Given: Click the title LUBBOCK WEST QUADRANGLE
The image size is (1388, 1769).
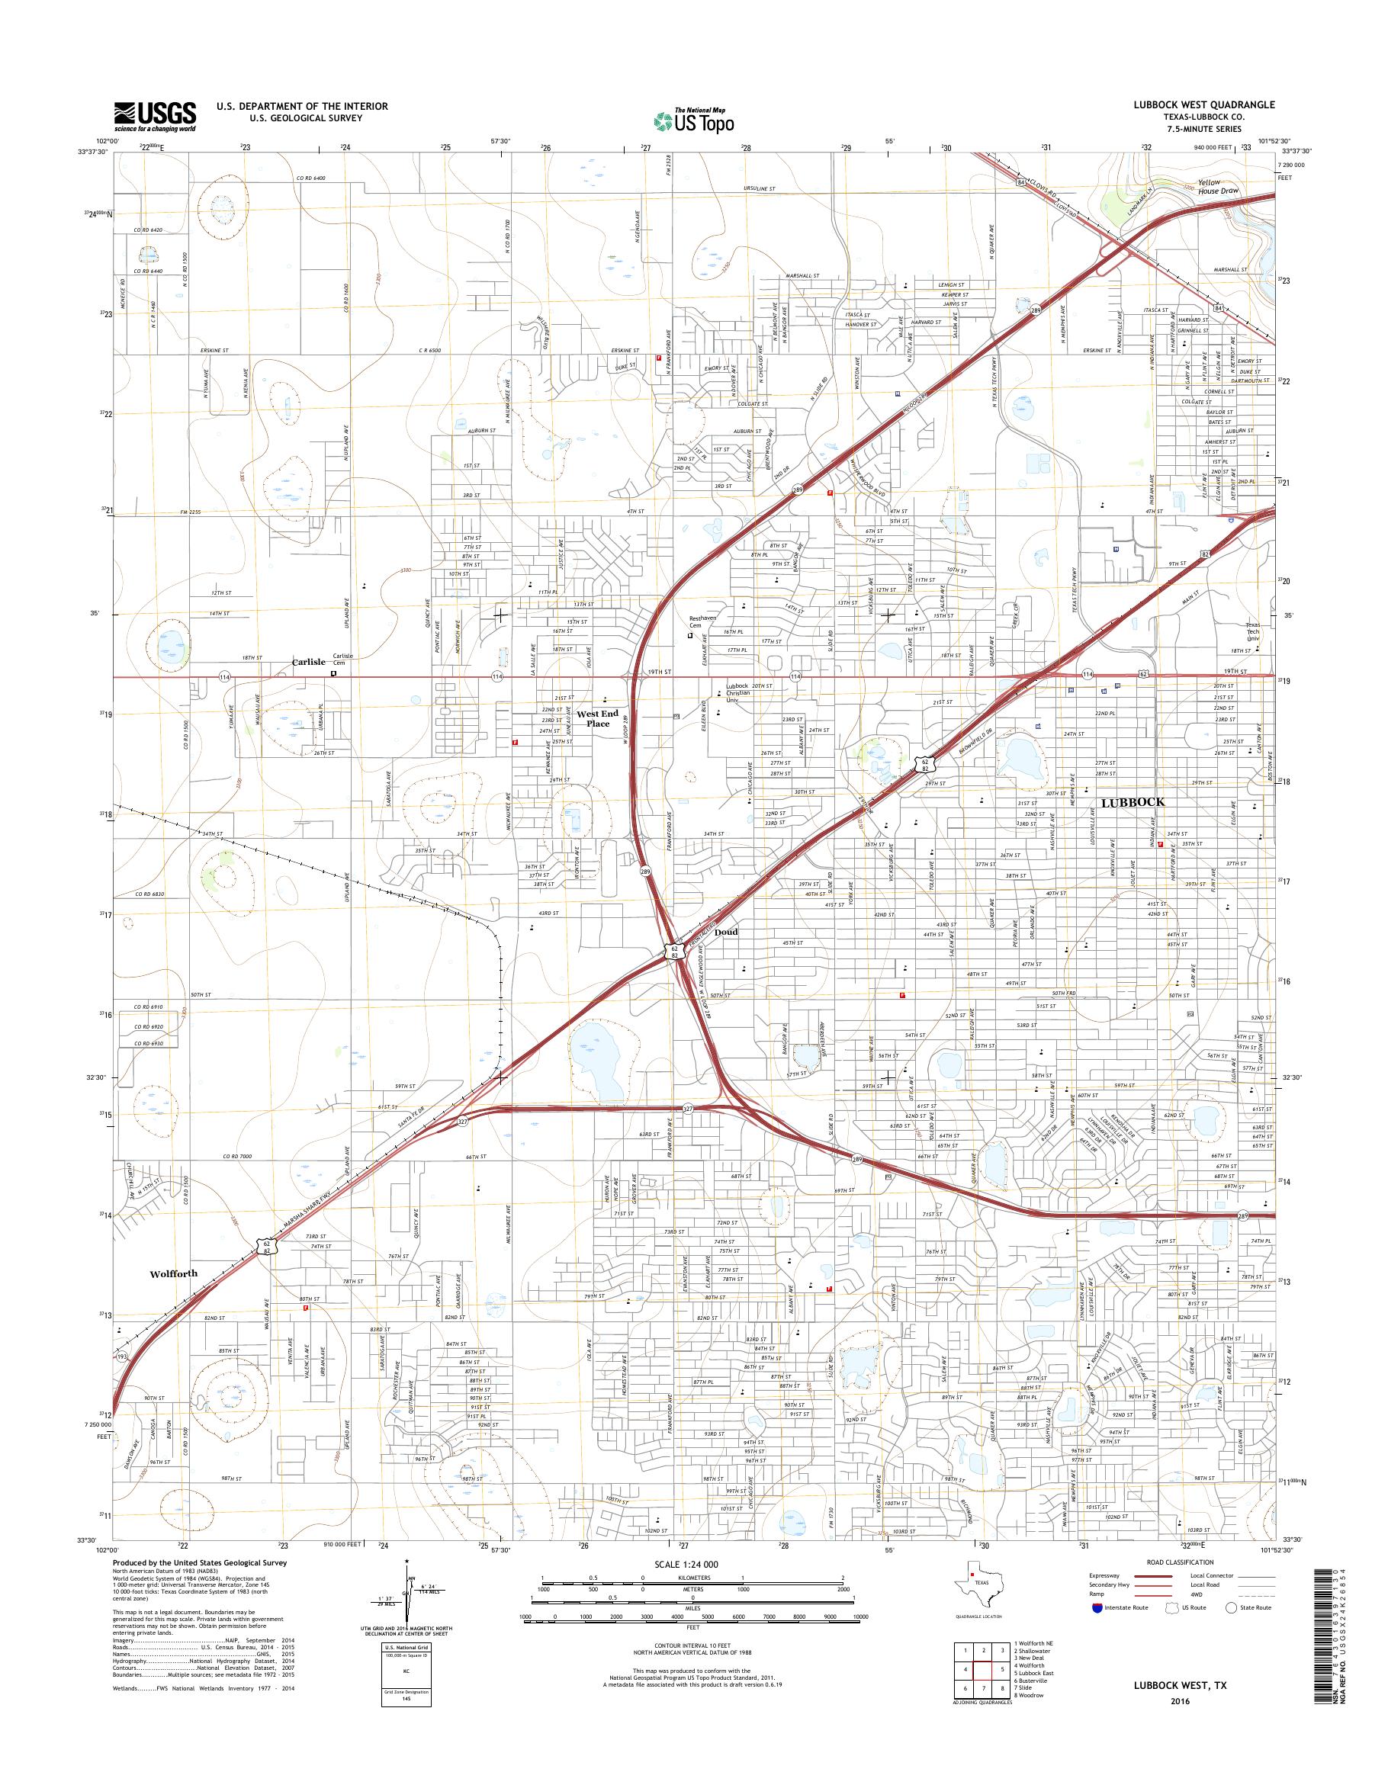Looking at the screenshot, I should [x=1209, y=104].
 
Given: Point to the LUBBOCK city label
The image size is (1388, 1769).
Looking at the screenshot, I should [x=1132, y=802].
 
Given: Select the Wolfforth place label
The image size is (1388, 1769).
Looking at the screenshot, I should [x=173, y=1274].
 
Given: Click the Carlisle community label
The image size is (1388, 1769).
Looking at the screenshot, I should [x=309, y=663].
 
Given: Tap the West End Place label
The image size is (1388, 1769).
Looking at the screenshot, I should [x=597, y=718].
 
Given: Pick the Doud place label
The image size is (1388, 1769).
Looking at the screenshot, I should [x=727, y=932].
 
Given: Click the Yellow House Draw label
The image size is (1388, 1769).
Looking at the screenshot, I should [x=1217, y=187].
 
